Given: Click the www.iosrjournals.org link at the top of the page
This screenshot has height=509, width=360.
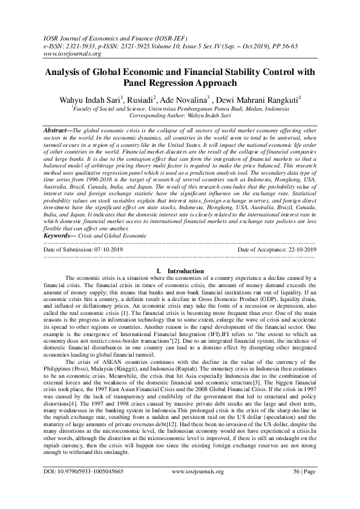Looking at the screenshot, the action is point(63,54).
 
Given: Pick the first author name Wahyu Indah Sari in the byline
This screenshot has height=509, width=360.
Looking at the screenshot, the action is point(89,99).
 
